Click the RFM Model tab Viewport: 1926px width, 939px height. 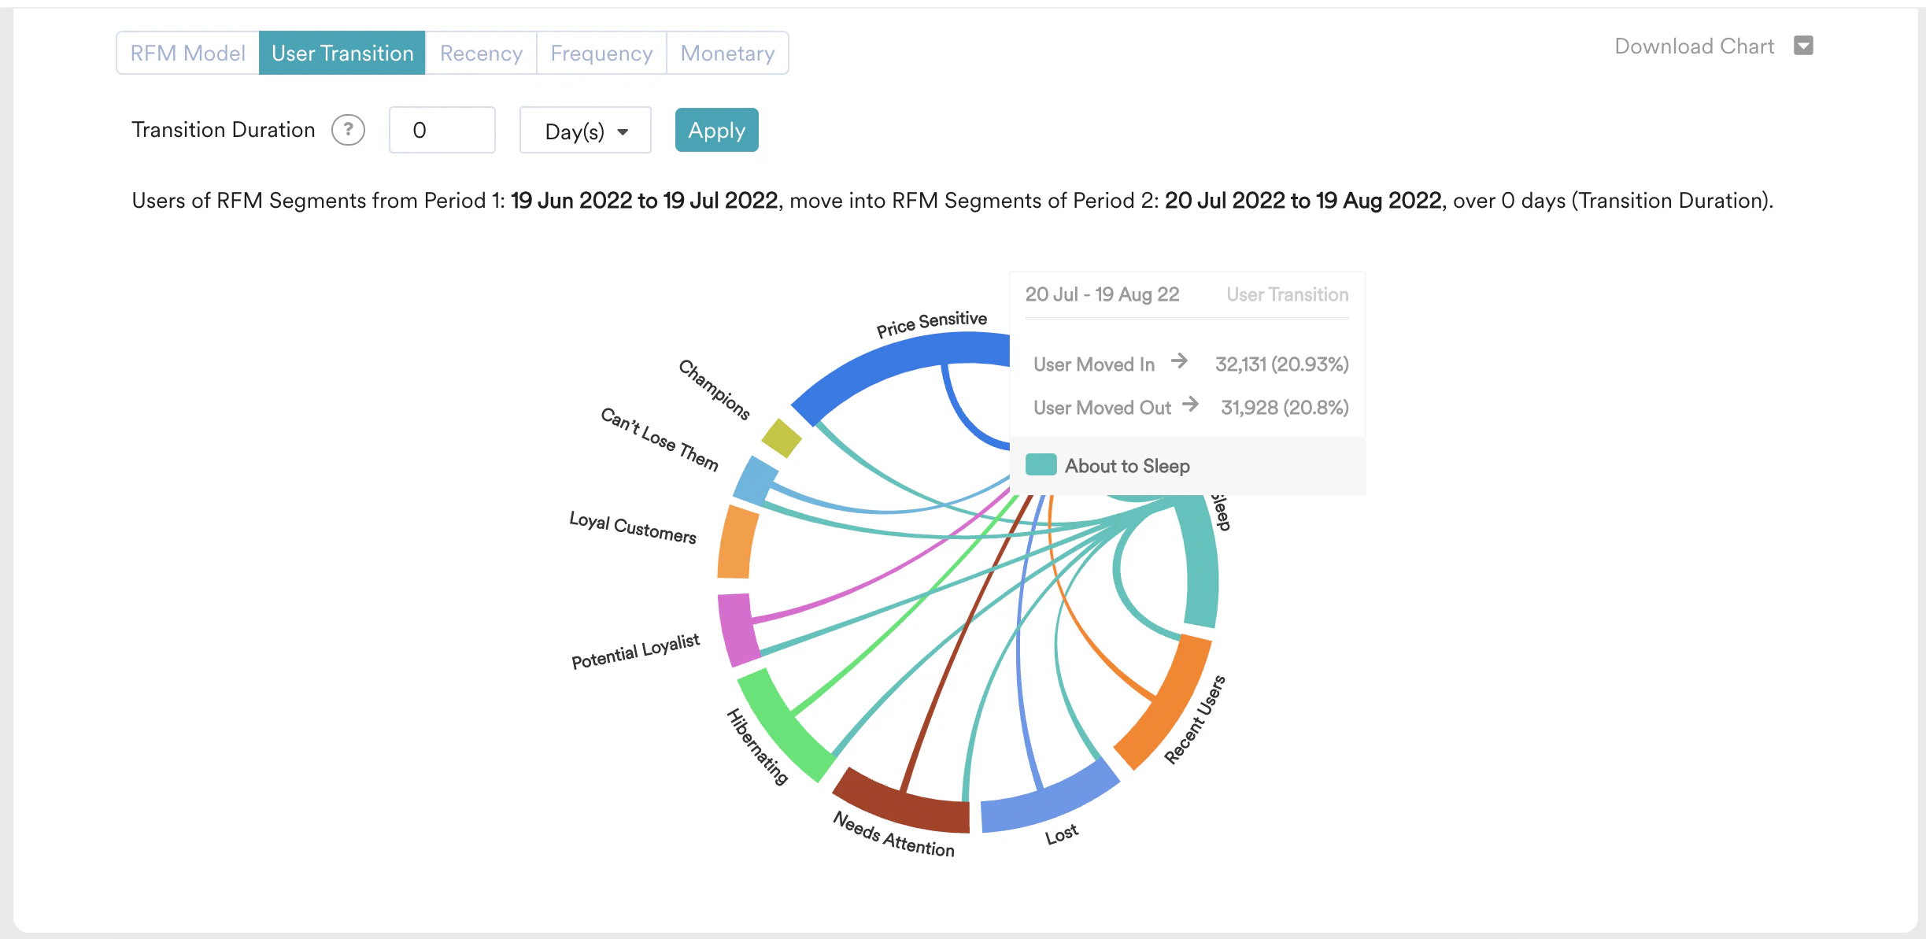pyautogui.click(x=187, y=54)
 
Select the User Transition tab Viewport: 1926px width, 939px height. pyautogui.click(x=342, y=54)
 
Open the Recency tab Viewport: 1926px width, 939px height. pyautogui.click(x=481, y=54)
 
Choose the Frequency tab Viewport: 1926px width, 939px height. pyautogui.click(x=601, y=54)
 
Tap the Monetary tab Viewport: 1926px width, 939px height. pyautogui.click(x=727, y=54)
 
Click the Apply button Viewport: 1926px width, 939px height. pyautogui.click(x=716, y=131)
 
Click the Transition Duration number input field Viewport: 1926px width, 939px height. pyautogui.click(x=442, y=131)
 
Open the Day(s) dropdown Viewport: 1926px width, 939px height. pyautogui.click(x=585, y=131)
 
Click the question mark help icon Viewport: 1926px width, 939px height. pyautogui.click(x=348, y=130)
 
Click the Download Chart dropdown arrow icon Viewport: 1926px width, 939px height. pyautogui.click(x=1803, y=46)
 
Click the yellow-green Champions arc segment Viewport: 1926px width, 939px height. pyautogui.click(x=782, y=438)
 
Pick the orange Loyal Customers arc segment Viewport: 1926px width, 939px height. pyautogui.click(x=737, y=542)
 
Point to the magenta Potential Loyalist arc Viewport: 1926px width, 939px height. pyautogui.click(x=737, y=630)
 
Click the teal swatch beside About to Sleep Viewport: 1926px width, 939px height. pyautogui.click(x=1041, y=465)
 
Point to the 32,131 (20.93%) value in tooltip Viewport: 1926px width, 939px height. pyautogui.click(x=1281, y=364)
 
